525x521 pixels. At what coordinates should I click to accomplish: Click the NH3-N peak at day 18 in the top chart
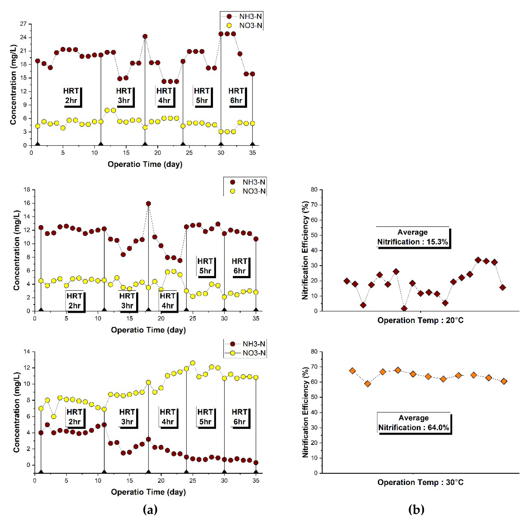(145, 36)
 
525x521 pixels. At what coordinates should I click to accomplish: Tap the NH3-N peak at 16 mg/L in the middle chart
(148, 204)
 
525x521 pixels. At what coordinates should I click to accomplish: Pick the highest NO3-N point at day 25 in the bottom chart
(193, 363)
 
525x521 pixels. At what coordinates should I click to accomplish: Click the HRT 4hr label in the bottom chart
(168, 417)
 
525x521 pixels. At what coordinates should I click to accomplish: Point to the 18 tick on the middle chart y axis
(27, 189)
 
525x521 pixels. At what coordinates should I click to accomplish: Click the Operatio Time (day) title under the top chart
(145, 164)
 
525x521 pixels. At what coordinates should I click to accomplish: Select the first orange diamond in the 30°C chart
(352, 371)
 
